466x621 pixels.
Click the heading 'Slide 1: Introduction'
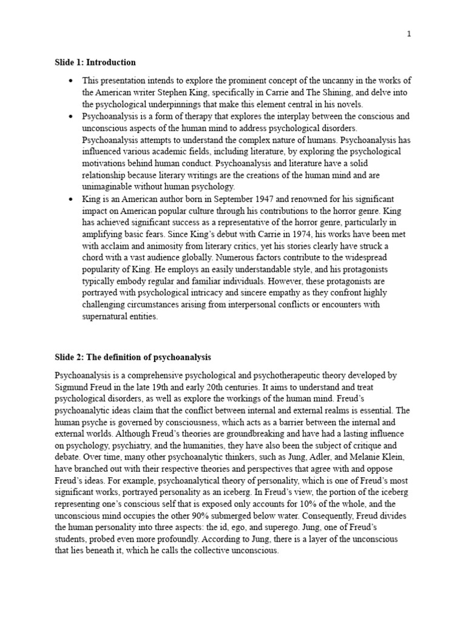(x=95, y=62)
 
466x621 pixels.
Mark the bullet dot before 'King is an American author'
(x=71, y=199)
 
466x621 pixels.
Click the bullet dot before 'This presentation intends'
(x=71, y=81)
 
